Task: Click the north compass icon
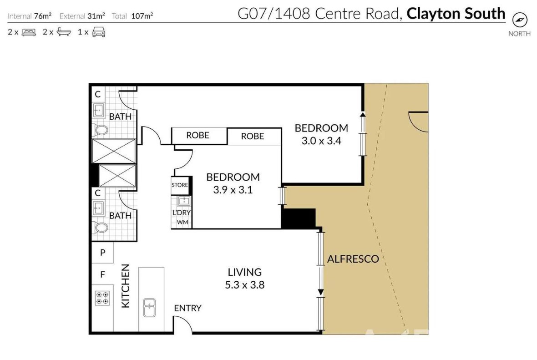pyautogui.click(x=520, y=20)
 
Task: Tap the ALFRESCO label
pyautogui.click(x=353, y=259)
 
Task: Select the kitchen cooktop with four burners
pyautogui.click(x=102, y=298)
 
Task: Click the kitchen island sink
pyautogui.click(x=150, y=308)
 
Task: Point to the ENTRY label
pyautogui.click(x=187, y=308)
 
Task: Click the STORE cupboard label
pyautogui.click(x=180, y=185)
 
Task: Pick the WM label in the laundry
pyautogui.click(x=182, y=222)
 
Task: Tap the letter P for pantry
pyautogui.click(x=102, y=253)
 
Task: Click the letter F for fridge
pyautogui.click(x=102, y=275)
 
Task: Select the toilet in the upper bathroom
pyautogui.click(x=101, y=130)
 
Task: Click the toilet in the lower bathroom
pyautogui.click(x=101, y=227)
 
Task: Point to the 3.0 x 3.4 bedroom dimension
pyautogui.click(x=321, y=141)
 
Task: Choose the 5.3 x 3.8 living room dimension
pyautogui.click(x=244, y=285)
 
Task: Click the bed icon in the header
pyautogui.click(x=29, y=32)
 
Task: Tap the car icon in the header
pyautogui.click(x=99, y=32)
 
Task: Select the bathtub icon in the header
pyautogui.click(x=64, y=32)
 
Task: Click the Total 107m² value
pyautogui.click(x=142, y=16)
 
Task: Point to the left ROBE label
pyautogui.click(x=198, y=135)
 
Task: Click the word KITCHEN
pyautogui.click(x=126, y=286)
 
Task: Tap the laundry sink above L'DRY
pyautogui.click(x=183, y=201)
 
